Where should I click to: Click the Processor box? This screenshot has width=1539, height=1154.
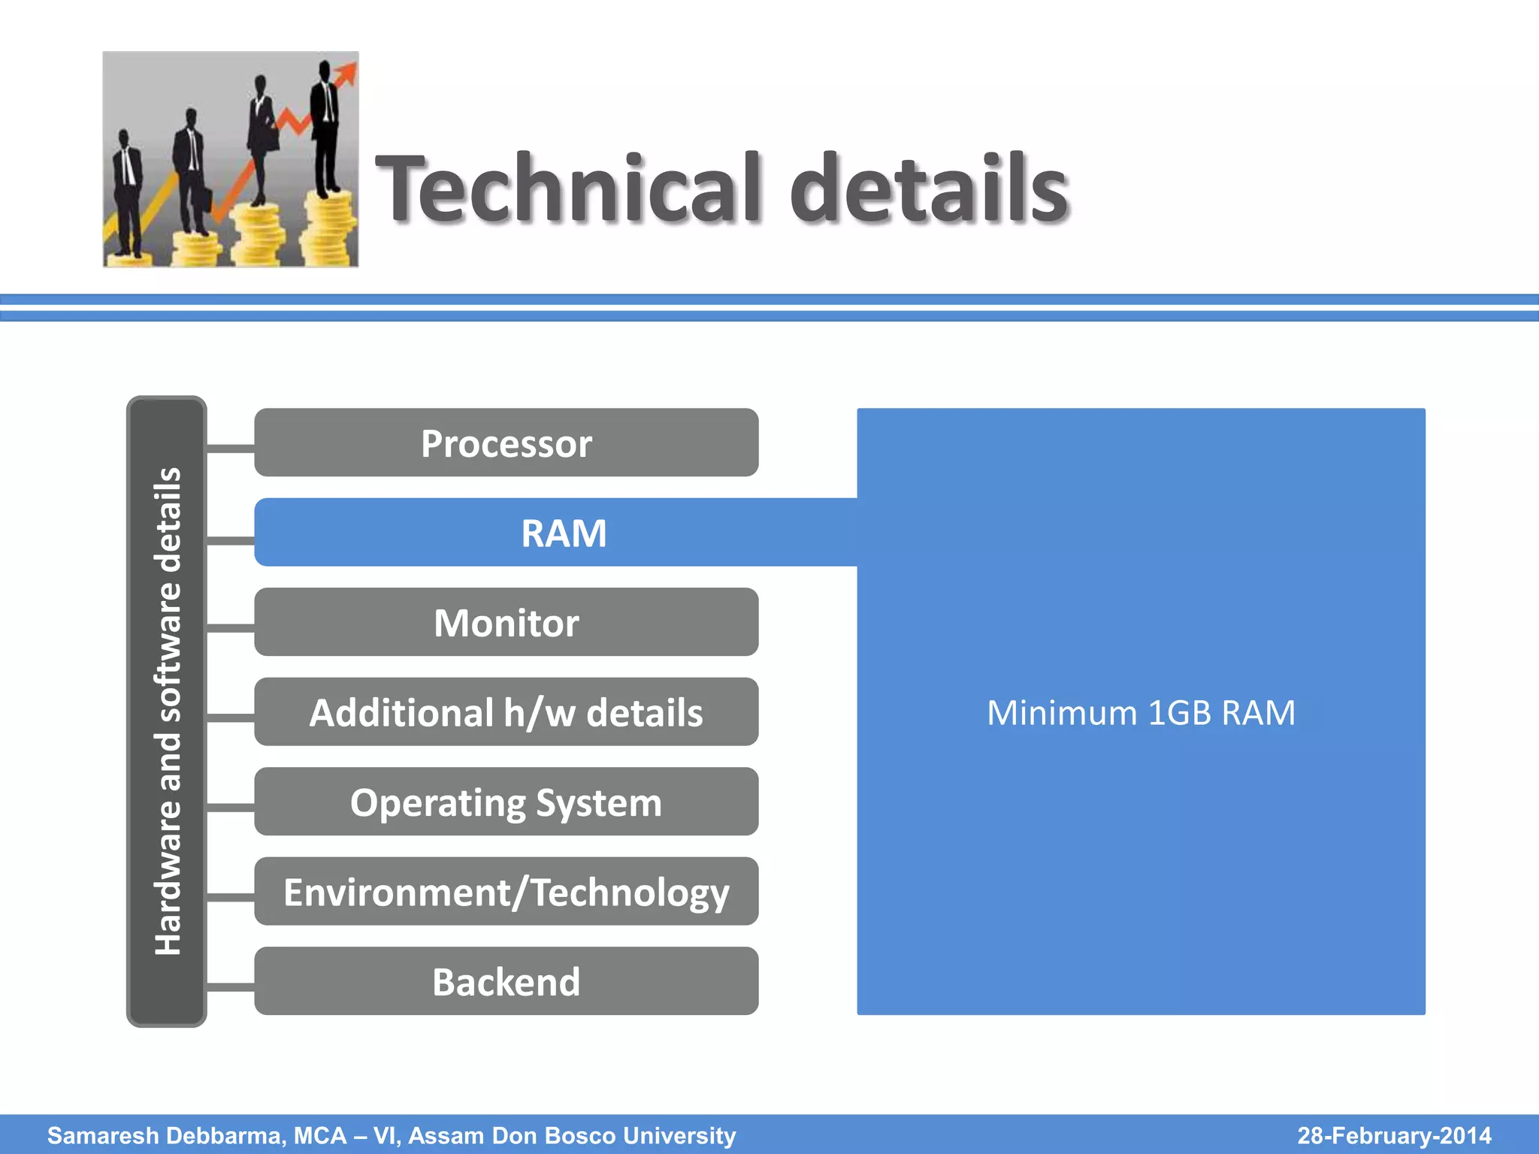click(x=506, y=443)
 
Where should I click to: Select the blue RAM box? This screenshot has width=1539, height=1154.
click(x=556, y=533)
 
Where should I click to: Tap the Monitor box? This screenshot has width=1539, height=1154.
click(x=506, y=622)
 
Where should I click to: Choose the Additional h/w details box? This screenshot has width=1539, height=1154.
click(x=506, y=711)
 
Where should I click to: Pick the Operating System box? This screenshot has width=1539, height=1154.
click(x=506, y=802)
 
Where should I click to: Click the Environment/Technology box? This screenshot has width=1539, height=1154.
click(x=506, y=891)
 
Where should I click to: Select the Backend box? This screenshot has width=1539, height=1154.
click(x=506, y=981)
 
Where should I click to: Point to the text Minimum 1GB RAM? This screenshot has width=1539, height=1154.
click(x=1141, y=712)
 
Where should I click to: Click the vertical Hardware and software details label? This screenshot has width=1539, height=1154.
click(x=167, y=711)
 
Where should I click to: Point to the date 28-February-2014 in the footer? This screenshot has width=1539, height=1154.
click(x=1394, y=1135)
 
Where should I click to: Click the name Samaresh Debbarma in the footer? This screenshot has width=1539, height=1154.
click(x=166, y=1135)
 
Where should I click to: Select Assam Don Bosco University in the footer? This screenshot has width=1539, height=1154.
click(x=572, y=1135)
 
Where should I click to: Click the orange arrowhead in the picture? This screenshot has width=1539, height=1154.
click(x=347, y=73)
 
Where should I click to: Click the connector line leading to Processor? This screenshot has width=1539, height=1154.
click(x=230, y=449)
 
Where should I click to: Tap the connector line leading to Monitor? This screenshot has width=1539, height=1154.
click(x=230, y=627)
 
